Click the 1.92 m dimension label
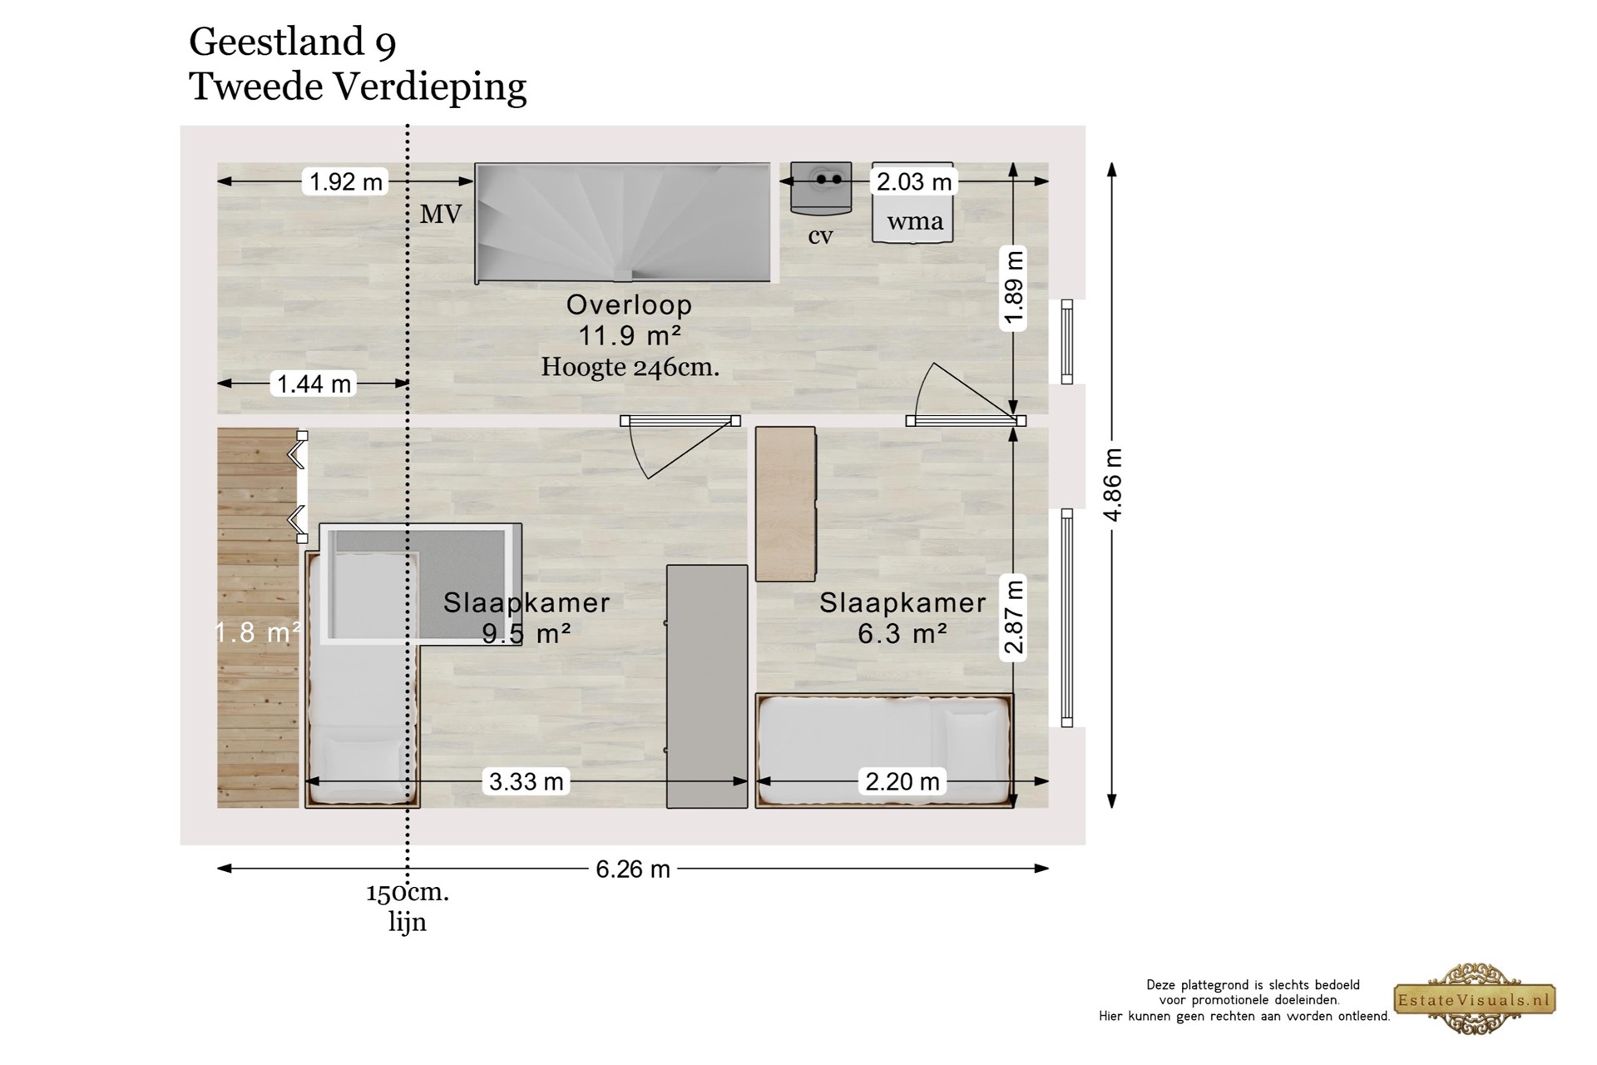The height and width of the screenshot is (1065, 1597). point(346,181)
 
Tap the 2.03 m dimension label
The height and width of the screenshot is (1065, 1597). point(913,181)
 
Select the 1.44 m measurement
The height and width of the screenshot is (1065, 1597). point(314,384)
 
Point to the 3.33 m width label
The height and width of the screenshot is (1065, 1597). point(526,781)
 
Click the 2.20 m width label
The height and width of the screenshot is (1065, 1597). point(902,781)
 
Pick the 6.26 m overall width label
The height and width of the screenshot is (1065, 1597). point(633,869)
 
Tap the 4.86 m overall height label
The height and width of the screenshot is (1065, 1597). point(1113,485)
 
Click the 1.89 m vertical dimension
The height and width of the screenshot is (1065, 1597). point(1013,289)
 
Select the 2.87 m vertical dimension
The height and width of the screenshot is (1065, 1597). point(1013,618)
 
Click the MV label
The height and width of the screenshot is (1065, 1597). point(440,215)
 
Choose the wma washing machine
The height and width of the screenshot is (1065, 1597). point(912,203)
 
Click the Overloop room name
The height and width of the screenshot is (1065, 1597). point(629,305)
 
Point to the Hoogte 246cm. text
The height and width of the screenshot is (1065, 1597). point(630,367)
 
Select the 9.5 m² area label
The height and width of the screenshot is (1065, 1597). point(527,634)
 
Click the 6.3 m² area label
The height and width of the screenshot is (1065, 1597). point(902,634)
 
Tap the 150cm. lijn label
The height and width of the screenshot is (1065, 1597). point(408,907)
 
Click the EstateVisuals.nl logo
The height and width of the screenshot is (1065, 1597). point(1475,999)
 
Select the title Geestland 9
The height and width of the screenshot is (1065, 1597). point(292,42)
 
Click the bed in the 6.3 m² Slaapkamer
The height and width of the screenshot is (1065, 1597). point(884,750)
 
